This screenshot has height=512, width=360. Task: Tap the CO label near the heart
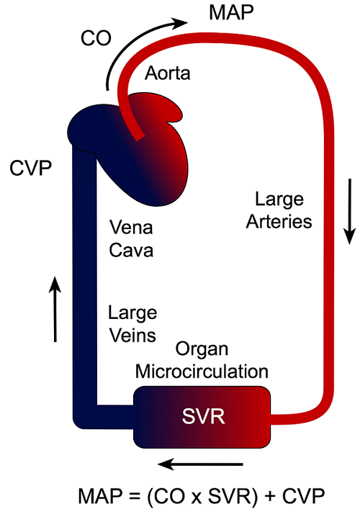(x=96, y=39)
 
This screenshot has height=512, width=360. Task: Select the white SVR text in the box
(x=201, y=416)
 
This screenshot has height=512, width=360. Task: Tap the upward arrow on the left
(x=55, y=310)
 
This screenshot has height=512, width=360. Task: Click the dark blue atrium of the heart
(x=92, y=127)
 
